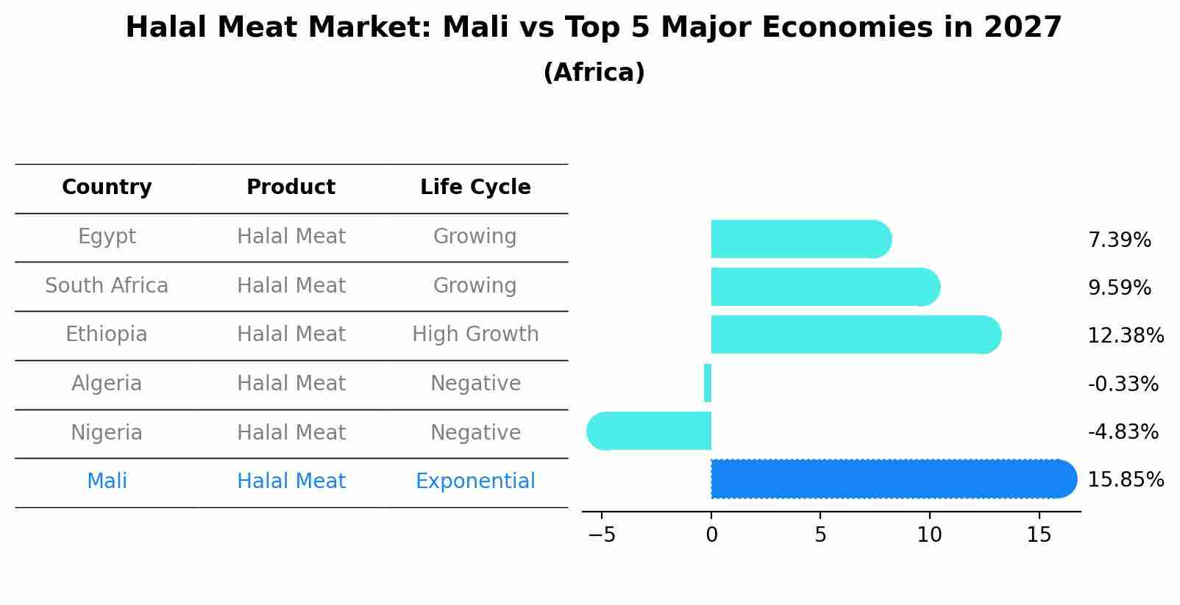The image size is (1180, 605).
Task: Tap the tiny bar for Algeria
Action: pos(708,383)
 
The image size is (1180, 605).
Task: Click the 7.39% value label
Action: pos(1119,240)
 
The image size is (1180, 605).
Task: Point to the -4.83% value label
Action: pos(1123,432)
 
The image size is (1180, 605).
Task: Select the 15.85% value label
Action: pos(1125,480)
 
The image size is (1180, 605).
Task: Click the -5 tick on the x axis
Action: pos(601,535)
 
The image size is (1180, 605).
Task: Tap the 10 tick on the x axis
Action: pos(929,535)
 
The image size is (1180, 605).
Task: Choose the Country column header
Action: pos(107,187)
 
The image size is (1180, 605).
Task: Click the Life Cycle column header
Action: pos(475,187)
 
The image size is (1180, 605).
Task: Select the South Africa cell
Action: pos(107,286)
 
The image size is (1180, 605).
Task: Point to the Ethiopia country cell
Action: pos(107,334)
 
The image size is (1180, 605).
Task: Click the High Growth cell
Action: pos(475,334)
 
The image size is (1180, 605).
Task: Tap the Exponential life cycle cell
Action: pos(475,482)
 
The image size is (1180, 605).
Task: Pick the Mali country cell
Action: pos(107,482)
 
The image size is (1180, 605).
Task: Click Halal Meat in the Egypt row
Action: pos(291,237)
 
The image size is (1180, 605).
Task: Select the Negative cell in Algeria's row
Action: pos(475,384)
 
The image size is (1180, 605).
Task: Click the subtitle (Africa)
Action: pos(594,73)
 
